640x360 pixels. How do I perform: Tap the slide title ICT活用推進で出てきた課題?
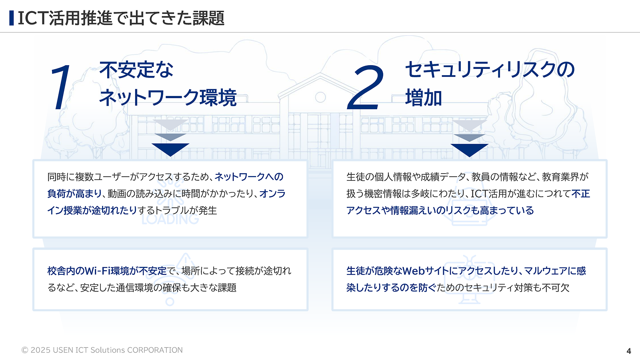121,18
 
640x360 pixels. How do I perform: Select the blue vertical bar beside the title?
12,18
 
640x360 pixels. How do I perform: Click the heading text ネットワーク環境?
168,98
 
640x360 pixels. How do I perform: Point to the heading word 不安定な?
136,70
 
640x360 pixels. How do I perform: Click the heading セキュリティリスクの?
490,70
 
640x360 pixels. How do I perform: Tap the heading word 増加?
424,98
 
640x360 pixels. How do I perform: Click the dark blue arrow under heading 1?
170,149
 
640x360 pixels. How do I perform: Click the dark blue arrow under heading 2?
469,150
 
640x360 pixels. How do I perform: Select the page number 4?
628,351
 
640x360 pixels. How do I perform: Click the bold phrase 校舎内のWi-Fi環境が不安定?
107,271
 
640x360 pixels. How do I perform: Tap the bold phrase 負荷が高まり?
74,194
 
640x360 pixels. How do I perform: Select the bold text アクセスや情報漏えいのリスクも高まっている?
440,210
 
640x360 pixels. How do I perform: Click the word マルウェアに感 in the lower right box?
555,271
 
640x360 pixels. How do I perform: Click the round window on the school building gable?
320,97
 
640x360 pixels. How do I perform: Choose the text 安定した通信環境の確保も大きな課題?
158,288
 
